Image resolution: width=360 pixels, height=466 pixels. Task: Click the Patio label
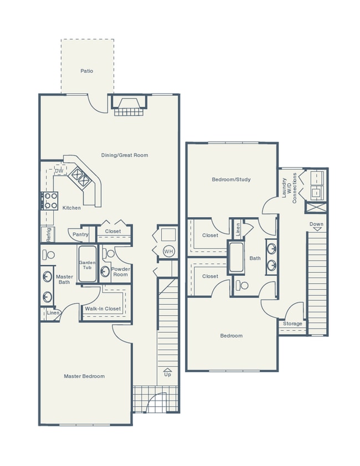point(86,71)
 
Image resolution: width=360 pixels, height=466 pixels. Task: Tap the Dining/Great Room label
point(125,155)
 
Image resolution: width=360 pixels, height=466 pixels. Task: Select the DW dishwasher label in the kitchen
point(59,171)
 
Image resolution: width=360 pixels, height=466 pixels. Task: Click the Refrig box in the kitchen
point(48,234)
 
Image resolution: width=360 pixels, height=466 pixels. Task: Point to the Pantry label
point(80,234)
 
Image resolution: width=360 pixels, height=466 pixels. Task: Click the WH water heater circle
point(168,252)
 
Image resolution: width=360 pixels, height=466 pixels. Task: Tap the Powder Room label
point(120,272)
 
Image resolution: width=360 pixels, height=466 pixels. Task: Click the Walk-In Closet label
point(102,309)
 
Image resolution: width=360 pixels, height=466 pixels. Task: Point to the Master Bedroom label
point(84,376)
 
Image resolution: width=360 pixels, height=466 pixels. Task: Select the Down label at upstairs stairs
point(316,224)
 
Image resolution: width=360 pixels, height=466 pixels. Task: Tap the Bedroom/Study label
point(232,180)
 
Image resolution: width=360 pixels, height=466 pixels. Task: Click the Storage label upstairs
point(292,324)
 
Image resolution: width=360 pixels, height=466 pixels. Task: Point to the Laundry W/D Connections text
point(290,188)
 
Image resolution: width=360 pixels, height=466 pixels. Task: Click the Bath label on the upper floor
point(255,258)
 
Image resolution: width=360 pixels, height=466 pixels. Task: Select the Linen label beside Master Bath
point(53,313)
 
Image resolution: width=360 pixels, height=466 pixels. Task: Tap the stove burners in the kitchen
point(50,200)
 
